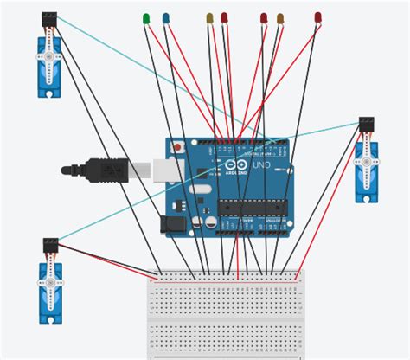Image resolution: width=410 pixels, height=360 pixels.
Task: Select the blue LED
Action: pyautogui.click(x=166, y=17)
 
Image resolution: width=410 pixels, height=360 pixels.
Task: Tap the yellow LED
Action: pyautogui.click(x=209, y=17)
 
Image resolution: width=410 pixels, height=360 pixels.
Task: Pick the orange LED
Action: pyautogui.click(x=280, y=18)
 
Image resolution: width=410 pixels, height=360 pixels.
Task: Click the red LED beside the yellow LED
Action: pyautogui.click(x=224, y=17)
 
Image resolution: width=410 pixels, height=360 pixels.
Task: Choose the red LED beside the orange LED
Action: pyautogui.click(x=264, y=17)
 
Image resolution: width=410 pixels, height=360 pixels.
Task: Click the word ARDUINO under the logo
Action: pyautogui.click(x=237, y=174)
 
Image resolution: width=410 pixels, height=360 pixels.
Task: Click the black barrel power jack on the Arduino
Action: pyautogui.click(x=175, y=223)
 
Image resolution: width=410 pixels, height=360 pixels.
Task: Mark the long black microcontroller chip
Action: pyautogui.click(x=252, y=206)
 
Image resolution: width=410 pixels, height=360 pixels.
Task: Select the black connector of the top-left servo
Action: pyautogui.click(x=49, y=18)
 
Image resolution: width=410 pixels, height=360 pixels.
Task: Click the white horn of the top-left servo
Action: pyautogui.click(x=49, y=59)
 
